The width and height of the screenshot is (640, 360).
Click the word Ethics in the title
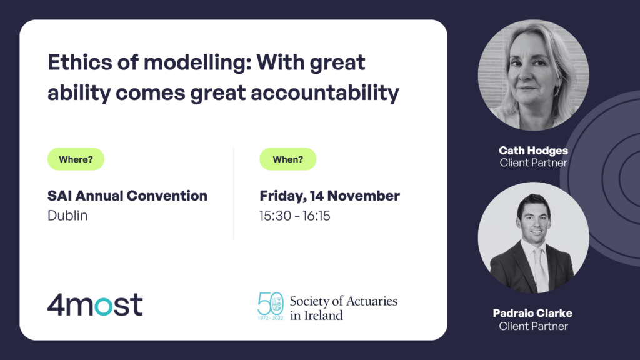click(79, 62)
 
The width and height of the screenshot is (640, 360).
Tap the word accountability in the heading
click(325, 92)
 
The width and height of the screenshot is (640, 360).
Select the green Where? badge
click(76, 159)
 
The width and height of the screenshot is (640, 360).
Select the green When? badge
click(287, 159)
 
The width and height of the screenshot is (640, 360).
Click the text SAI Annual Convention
click(127, 196)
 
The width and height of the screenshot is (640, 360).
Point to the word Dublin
click(67, 216)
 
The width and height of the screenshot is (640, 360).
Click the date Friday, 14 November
click(330, 196)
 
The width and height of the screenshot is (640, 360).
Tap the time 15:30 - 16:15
click(295, 216)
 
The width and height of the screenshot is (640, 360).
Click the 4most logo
click(95, 304)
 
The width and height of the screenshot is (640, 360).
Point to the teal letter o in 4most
click(104, 306)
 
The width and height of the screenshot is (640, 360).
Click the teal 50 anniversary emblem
click(270, 306)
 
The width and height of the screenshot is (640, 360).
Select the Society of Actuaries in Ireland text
click(344, 307)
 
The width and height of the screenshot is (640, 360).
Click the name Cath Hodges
click(534, 151)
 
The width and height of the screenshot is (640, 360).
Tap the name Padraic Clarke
click(532, 313)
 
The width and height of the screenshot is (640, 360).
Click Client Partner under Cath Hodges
click(534, 163)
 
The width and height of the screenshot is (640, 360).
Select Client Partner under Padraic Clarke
click(534, 326)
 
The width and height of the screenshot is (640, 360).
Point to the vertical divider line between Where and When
click(234, 194)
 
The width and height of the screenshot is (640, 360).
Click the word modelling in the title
click(197, 63)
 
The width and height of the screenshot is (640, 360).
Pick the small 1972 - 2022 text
click(270, 318)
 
